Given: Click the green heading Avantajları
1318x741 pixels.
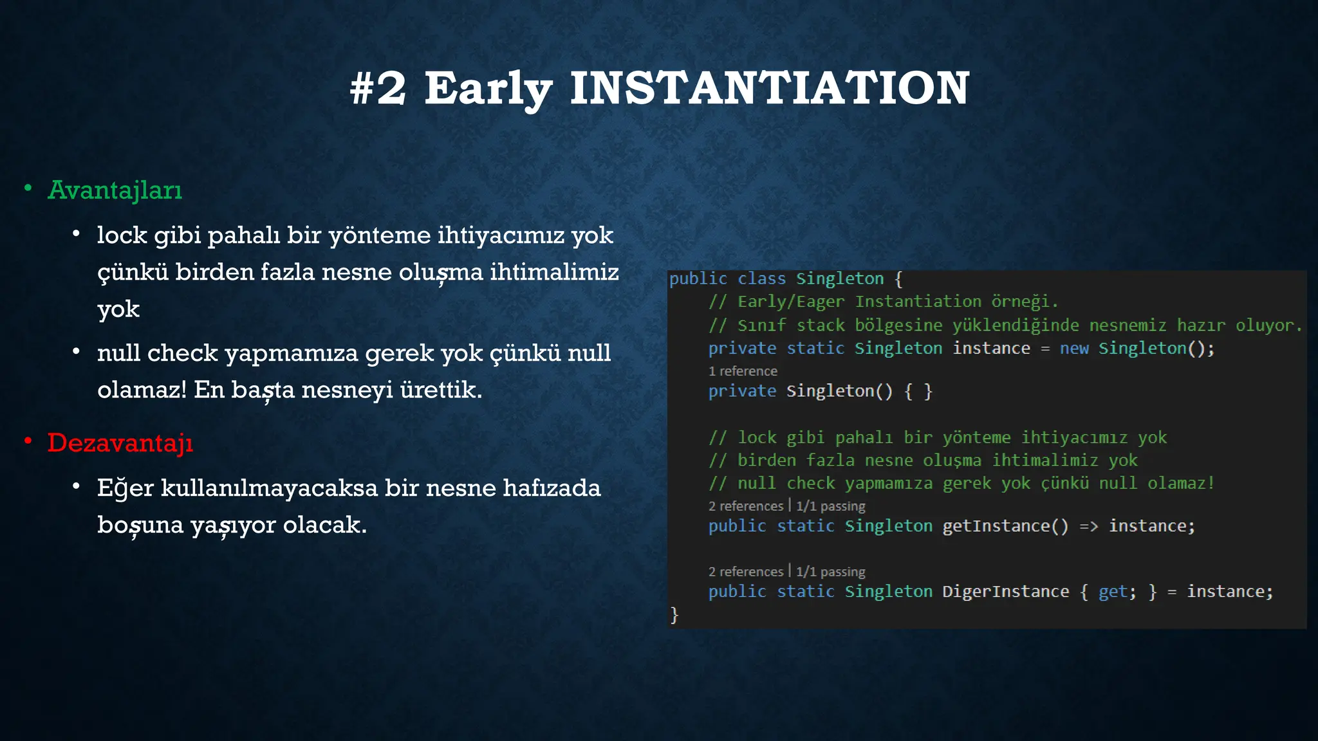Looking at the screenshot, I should click(x=115, y=190).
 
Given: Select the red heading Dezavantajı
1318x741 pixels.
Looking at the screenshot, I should click(x=120, y=443).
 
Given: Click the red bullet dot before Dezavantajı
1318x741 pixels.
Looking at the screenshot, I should click(x=28, y=441).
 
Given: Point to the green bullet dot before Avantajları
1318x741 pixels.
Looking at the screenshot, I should click(x=28, y=188).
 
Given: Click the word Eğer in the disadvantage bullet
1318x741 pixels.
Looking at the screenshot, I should click(x=125, y=488).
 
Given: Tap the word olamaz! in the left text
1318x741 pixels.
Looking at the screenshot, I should click(x=142, y=390).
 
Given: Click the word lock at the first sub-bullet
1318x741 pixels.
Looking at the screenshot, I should click(x=122, y=235).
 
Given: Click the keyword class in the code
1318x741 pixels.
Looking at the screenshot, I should click(x=761, y=279).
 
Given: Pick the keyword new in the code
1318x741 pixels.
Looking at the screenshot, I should click(x=1074, y=349).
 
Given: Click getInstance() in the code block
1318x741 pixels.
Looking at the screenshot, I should click(x=1005, y=526).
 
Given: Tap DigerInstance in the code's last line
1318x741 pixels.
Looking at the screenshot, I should click(x=1005, y=592).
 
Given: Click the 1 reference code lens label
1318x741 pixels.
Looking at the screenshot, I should click(x=743, y=371).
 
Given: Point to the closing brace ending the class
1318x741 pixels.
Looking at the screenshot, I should click(x=674, y=615).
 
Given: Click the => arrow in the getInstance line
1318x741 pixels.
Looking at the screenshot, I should click(x=1089, y=526).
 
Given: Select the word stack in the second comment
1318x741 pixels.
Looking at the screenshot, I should click(x=821, y=325).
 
